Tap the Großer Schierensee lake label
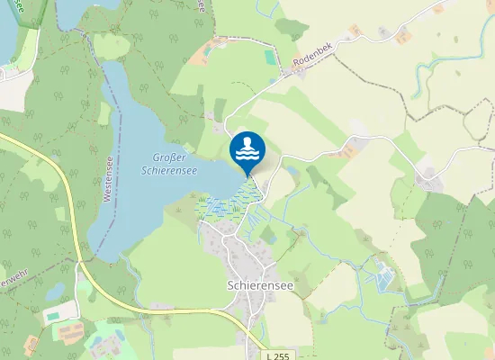tap(168, 163)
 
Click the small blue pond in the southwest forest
tap(56, 291)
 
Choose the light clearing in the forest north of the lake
tap(112, 45)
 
